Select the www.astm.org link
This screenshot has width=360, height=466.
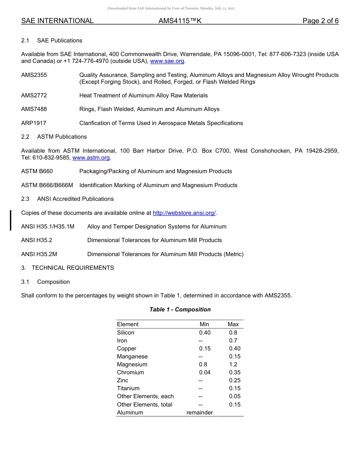click(x=91, y=158)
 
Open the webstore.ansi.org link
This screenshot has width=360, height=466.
click(x=184, y=213)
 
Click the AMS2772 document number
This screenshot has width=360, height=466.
click(x=34, y=95)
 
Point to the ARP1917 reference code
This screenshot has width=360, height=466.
click(x=34, y=123)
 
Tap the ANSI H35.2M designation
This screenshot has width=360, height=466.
click(x=39, y=254)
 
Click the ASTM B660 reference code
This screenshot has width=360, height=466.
click(x=37, y=171)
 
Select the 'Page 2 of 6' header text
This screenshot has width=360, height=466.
click(x=320, y=21)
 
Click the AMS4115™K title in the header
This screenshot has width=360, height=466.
click(x=180, y=21)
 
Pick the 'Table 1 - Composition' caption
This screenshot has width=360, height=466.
click(x=180, y=310)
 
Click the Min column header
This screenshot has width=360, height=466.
click(x=204, y=324)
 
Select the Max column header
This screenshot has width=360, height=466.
click(x=233, y=324)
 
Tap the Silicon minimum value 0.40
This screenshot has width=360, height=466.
click(x=205, y=333)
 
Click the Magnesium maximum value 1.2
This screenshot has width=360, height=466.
click(x=233, y=364)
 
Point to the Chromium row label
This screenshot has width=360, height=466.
click(x=130, y=372)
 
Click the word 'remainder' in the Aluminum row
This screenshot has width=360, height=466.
click(x=200, y=413)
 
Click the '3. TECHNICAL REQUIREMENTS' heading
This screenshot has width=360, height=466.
click(x=67, y=268)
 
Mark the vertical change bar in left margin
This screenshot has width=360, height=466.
click(x=11, y=220)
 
